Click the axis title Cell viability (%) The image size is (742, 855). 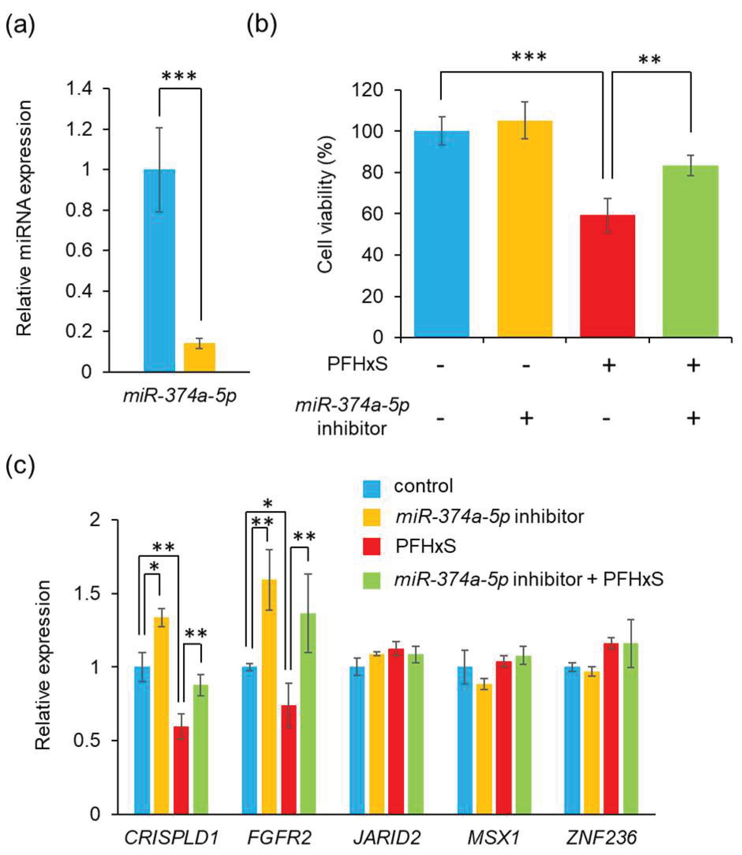click(326, 205)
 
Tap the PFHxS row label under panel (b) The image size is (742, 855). click(357, 365)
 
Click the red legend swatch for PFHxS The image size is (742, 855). click(372, 546)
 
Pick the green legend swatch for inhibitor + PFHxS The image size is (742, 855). click(372, 580)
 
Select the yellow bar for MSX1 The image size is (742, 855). click(484, 749)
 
